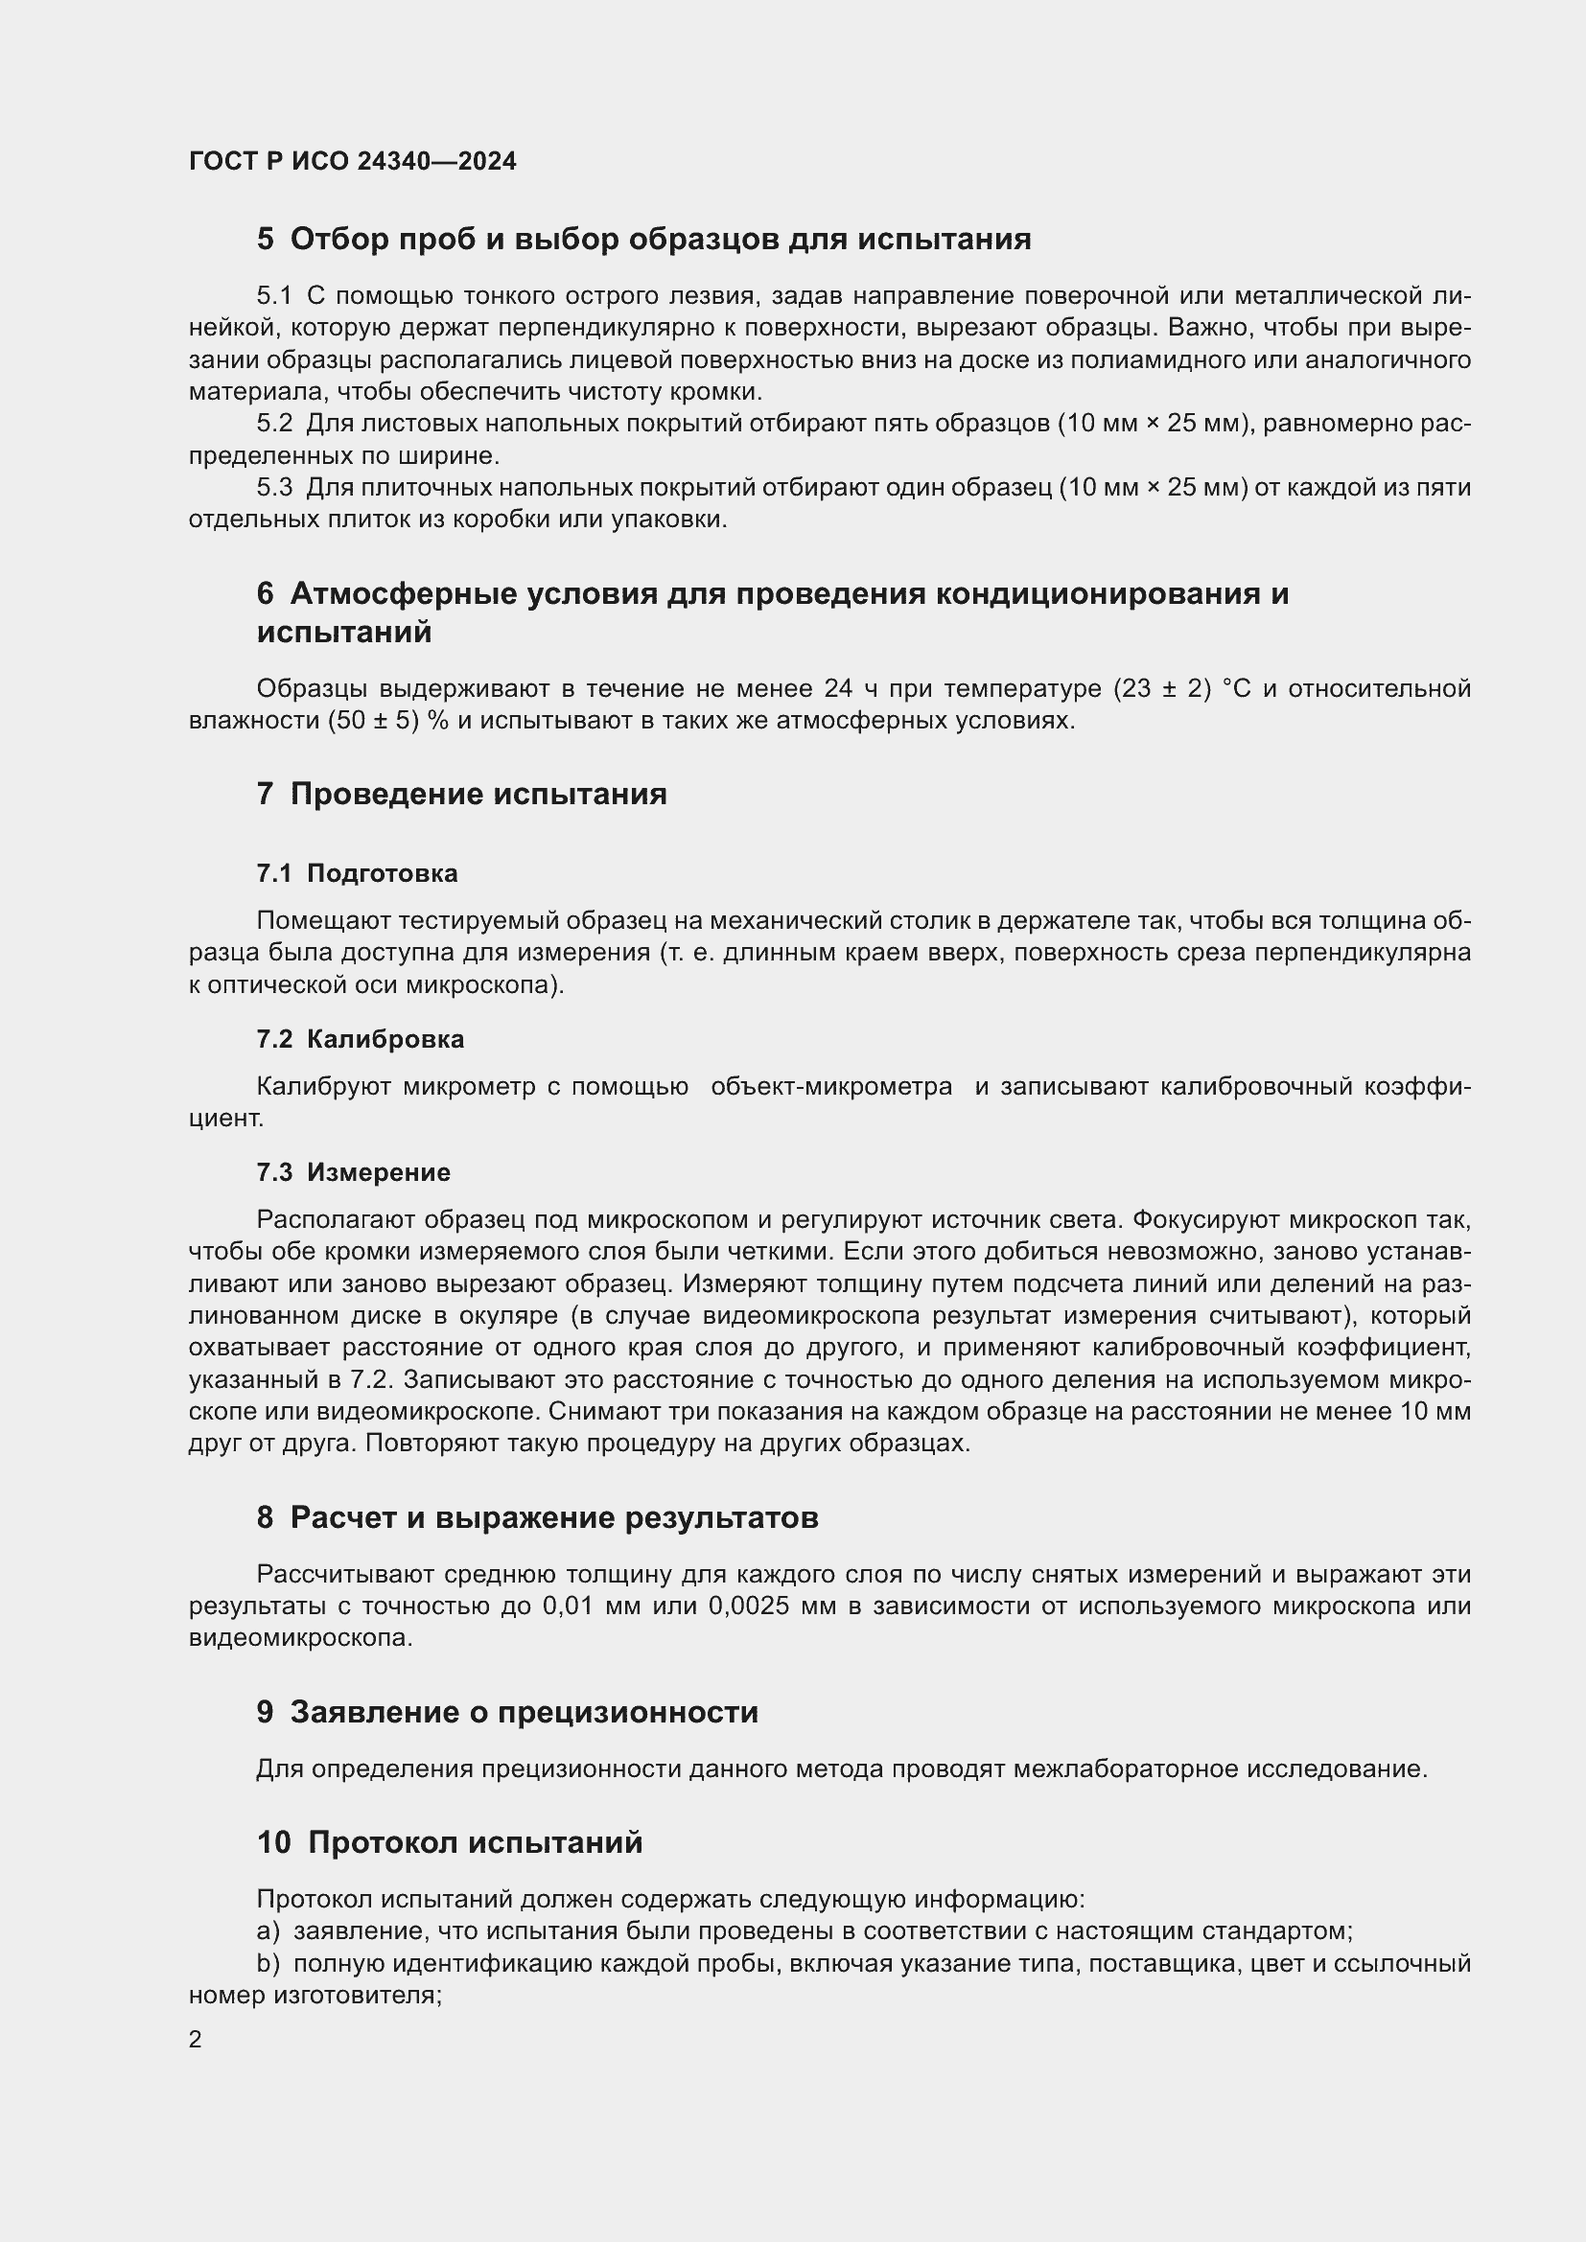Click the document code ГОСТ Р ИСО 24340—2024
353,161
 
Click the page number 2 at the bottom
196,2039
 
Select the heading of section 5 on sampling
643,240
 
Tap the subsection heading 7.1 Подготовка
357,873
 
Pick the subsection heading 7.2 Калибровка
360,1039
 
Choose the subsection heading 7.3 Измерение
353,1171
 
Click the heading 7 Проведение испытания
461,794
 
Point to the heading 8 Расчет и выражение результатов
537,1517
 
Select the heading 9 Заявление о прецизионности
507,1712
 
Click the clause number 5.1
274,296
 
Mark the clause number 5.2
274,424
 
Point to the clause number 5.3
274,487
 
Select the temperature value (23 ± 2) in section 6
1162,689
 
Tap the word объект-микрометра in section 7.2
831,1087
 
